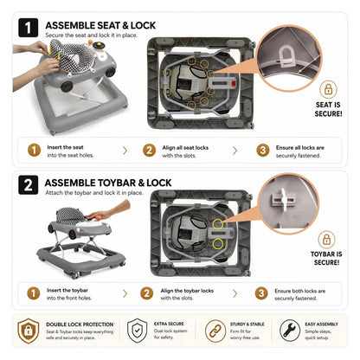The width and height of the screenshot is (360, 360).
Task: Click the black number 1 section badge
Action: click(x=28, y=28)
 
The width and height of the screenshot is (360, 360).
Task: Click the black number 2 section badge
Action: click(x=28, y=185)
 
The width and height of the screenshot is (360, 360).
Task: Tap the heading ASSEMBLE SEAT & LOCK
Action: click(x=100, y=25)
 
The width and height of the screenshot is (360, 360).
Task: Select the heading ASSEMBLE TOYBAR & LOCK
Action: click(x=108, y=183)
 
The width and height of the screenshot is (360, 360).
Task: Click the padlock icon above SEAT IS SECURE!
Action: click(x=328, y=89)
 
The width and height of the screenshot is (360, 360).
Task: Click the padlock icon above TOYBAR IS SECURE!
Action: click(x=326, y=240)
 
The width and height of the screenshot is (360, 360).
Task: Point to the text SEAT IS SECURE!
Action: click(x=328, y=109)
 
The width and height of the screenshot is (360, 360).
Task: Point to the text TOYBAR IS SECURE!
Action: click(x=326, y=258)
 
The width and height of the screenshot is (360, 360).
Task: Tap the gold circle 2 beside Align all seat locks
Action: click(x=149, y=151)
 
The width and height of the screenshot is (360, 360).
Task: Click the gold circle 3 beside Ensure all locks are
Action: click(x=263, y=151)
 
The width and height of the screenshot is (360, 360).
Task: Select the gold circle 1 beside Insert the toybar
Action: click(x=34, y=293)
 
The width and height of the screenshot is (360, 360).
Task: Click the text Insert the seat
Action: click(x=65, y=147)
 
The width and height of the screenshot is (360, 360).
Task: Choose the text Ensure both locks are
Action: click(x=299, y=291)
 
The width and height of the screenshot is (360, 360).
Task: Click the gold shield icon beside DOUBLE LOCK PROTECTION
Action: click(x=29, y=331)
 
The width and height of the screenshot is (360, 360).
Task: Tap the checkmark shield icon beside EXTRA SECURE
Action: click(x=138, y=331)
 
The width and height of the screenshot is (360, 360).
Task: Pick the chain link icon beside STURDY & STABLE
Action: click(x=215, y=331)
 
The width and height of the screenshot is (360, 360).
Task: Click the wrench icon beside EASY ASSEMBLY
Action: click(x=290, y=331)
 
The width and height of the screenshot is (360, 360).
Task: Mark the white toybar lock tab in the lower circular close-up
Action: click(x=284, y=200)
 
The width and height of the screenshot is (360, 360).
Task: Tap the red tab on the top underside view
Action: click(x=234, y=84)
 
